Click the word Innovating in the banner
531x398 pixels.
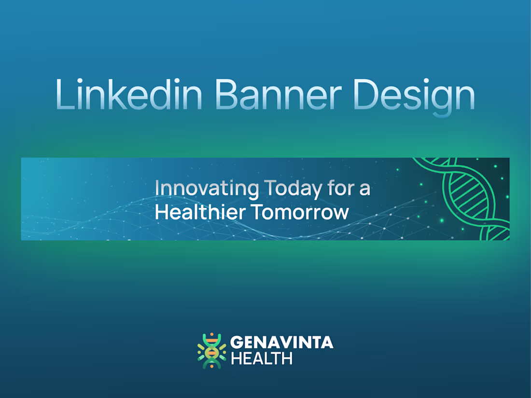coord(207,188)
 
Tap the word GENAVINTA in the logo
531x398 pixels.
coord(281,343)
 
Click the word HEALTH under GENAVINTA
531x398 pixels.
coord(262,358)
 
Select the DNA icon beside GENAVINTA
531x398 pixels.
coord(211,351)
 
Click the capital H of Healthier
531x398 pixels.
coord(160,212)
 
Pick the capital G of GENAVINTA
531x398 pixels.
coord(236,343)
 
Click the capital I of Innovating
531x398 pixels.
coord(157,188)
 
